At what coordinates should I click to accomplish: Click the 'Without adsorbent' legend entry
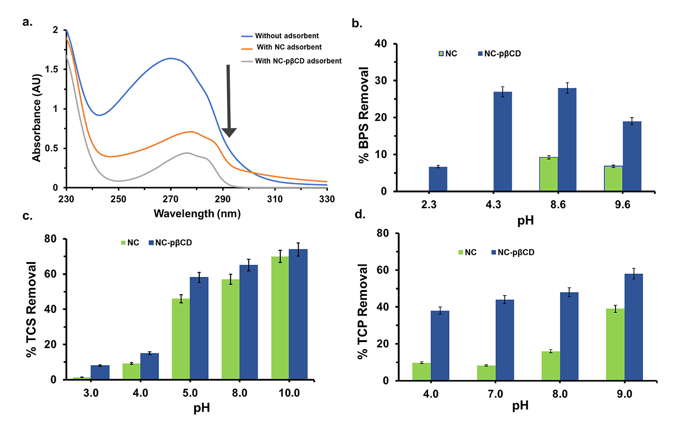point(286,36)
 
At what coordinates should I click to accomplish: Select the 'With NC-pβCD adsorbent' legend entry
point(298,61)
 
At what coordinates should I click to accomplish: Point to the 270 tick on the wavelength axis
point(171,199)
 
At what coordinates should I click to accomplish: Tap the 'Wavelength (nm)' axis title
point(197,214)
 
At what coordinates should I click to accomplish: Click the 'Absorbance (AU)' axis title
point(37,118)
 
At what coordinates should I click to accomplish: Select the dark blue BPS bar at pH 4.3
point(503,141)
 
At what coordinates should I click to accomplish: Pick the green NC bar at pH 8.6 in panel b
point(549,174)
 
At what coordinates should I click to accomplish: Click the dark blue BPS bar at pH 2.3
point(438,179)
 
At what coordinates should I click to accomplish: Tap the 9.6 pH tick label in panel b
point(623,204)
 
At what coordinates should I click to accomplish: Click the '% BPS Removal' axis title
point(364,115)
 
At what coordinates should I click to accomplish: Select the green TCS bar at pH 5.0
point(181,339)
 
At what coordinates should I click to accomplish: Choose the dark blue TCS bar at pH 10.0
point(298,314)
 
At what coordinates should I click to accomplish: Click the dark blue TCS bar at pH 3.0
point(100,372)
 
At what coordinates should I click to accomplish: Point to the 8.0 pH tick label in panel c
point(240,393)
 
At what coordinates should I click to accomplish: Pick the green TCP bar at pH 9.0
point(616,344)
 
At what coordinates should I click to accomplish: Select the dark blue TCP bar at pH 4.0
point(440,345)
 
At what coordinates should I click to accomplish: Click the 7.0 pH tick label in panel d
point(495,394)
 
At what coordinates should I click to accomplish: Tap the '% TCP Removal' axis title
point(363,311)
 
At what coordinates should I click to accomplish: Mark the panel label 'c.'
point(28,216)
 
